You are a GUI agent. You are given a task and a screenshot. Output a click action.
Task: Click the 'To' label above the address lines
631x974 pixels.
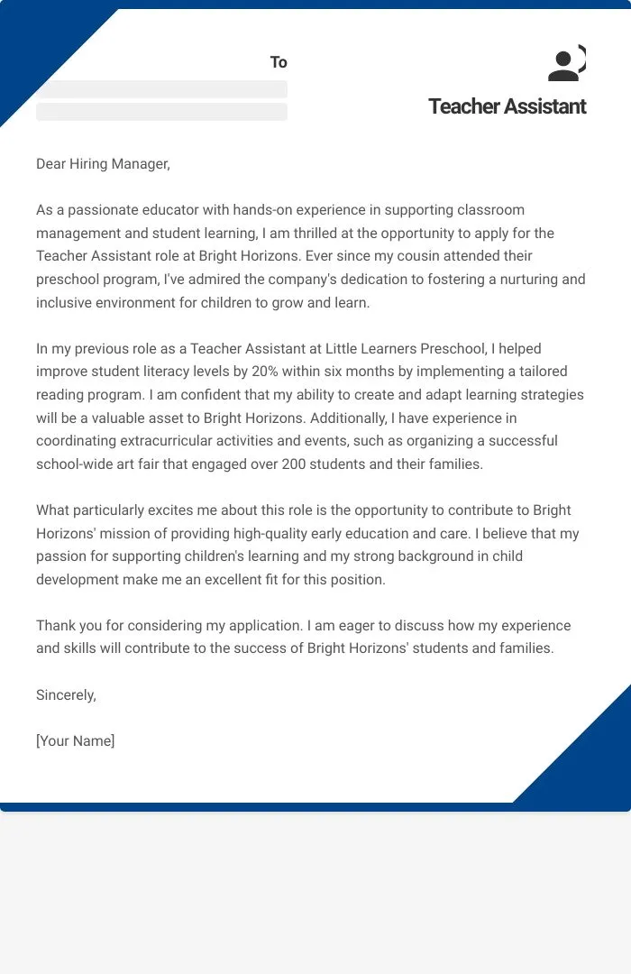click(x=279, y=62)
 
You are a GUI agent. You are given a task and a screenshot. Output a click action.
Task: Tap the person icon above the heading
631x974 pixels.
click(x=565, y=64)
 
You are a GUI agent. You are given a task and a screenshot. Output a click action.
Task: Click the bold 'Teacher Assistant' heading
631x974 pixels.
click(x=507, y=106)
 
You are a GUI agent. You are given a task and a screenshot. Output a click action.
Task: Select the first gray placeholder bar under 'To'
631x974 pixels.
click(x=162, y=89)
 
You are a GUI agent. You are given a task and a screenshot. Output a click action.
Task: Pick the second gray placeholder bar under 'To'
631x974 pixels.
click(x=162, y=112)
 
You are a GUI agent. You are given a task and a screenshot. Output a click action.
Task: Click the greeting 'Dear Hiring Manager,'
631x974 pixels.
click(x=103, y=163)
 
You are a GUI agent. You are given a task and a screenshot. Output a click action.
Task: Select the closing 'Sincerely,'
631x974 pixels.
click(x=66, y=694)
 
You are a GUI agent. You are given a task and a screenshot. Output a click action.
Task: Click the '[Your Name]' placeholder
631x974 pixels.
click(x=76, y=741)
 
